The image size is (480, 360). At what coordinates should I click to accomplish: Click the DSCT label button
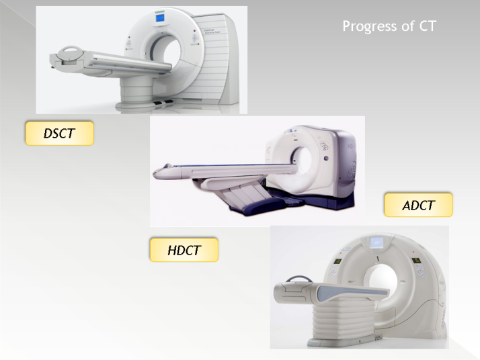point(59,133)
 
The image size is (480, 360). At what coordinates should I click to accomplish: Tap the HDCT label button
point(184,250)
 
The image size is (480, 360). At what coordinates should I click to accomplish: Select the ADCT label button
point(418,205)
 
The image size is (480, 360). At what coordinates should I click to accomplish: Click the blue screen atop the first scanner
point(160,17)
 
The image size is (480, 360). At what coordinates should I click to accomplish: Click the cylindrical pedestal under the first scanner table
point(136,89)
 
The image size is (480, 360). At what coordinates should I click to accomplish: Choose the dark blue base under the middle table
point(260,204)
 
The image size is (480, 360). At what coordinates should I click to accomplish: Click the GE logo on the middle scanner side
point(352,171)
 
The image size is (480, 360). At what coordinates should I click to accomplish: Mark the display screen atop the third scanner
point(376,243)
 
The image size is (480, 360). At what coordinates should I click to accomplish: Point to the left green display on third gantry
point(337,261)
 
